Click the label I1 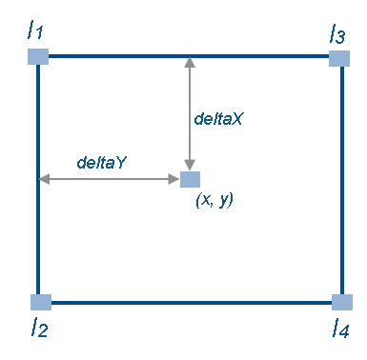(x=36, y=31)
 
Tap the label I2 (x=38, y=329)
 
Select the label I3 (x=336, y=35)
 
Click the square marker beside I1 (x=37, y=56)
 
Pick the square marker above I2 (x=40, y=303)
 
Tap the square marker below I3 (x=339, y=58)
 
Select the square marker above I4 (x=341, y=303)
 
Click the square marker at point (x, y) (x=190, y=179)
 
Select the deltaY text (x=102, y=162)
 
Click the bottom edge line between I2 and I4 (x=191, y=303)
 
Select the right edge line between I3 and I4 (x=340, y=181)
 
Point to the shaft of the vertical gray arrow (x=190, y=114)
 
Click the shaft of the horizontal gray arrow (x=110, y=179)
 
